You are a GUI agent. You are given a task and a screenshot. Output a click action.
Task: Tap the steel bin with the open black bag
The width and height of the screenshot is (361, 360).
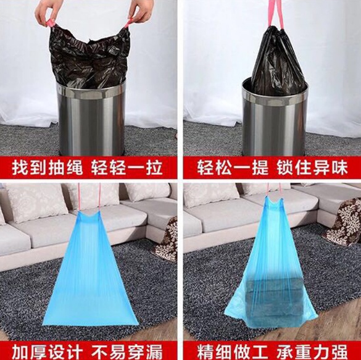click(x=91, y=117)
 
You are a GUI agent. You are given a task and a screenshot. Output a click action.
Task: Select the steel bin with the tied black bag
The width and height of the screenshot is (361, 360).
click(x=275, y=117)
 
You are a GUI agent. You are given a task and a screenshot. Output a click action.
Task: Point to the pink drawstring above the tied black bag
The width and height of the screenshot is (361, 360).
click(x=276, y=14)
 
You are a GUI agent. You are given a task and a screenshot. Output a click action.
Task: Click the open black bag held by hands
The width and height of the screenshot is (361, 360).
click(x=90, y=56)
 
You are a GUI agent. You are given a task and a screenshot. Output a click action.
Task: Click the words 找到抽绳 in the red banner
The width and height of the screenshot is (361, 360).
click(x=47, y=168)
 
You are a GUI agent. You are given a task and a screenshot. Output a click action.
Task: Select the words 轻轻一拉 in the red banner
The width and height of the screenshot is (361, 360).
click(x=127, y=168)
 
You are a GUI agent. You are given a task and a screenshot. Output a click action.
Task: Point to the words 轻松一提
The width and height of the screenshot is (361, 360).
click(x=233, y=168)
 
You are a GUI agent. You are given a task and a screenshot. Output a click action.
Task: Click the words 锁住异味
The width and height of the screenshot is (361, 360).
click(x=312, y=168)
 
